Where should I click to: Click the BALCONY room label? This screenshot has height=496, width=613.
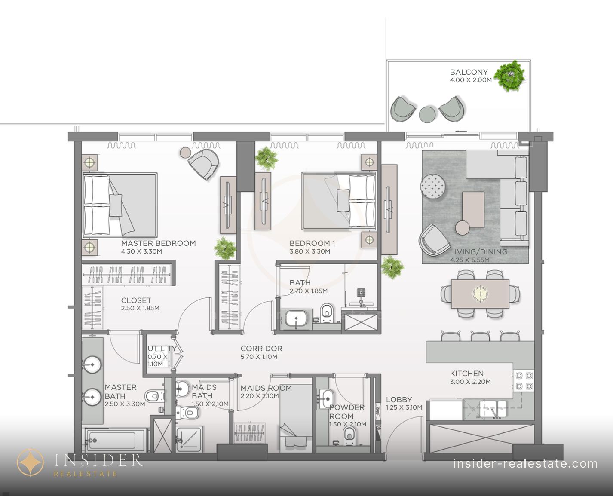tap(469, 72)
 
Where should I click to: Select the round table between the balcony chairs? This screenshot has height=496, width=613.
tap(427, 114)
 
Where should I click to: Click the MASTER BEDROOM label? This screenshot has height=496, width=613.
tap(158, 243)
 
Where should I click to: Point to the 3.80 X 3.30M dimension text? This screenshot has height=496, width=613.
tap(310, 251)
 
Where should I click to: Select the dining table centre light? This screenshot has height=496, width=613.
tap(480, 294)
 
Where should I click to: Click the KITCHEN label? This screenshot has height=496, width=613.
tap(466, 374)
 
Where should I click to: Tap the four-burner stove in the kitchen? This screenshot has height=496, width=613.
tap(524, 380)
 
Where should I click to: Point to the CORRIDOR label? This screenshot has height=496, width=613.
tap(261, 349)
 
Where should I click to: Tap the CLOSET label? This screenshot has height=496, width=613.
tap(136, 300)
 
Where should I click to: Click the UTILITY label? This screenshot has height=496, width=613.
tap(162, 349)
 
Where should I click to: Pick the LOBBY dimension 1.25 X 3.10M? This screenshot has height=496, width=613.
tap(404, 407)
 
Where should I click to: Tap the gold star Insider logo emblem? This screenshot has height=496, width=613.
tap(31, 462)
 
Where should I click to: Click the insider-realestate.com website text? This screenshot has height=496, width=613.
tap(525, 463)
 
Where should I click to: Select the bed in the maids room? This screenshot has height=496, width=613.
tap(296, 419)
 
